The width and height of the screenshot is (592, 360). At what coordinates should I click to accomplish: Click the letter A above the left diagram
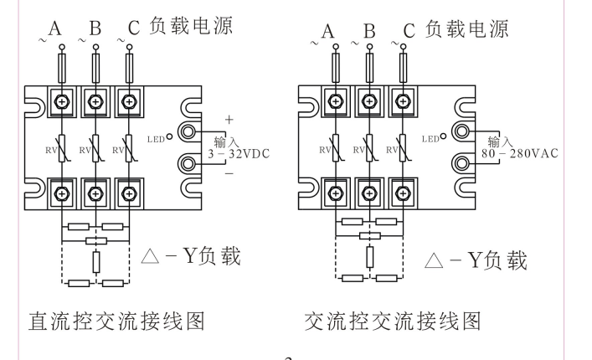[56, 29]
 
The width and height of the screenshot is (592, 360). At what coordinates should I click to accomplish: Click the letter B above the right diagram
[368, 32]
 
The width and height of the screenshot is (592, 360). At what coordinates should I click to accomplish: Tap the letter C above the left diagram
[134, 29]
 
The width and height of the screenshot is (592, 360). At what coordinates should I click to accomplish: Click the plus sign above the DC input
[227, 120]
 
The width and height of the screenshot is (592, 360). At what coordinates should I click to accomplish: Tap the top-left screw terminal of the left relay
[61, 102]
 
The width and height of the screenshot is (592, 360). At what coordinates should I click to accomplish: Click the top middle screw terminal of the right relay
[368, 102]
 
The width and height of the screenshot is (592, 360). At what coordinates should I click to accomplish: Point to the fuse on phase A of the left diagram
[61, 64]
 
